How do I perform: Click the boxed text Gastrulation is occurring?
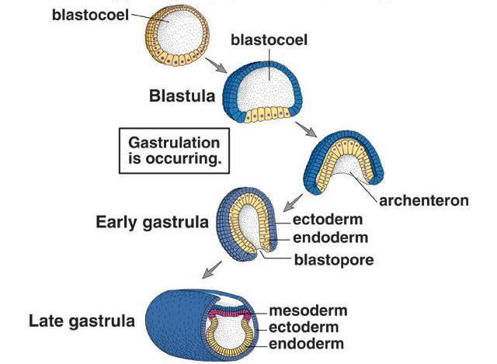173,152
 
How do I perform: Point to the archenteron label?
424,201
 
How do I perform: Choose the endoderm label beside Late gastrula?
308,344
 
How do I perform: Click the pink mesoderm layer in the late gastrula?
226,314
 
